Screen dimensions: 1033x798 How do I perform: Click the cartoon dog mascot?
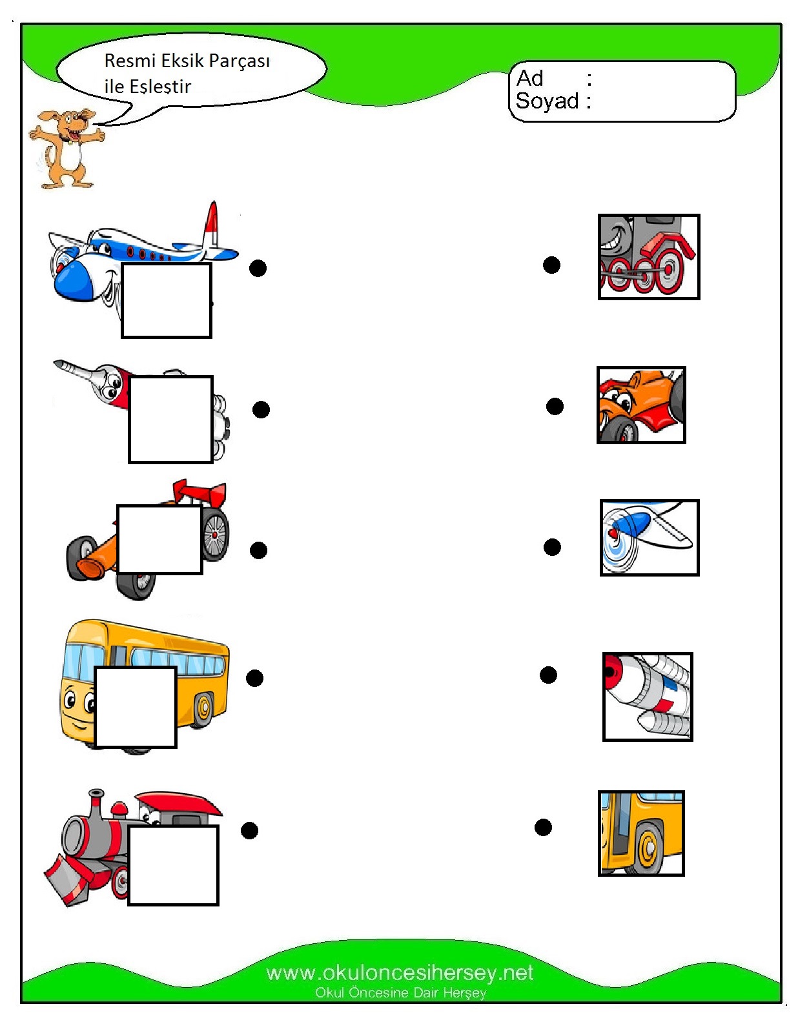(x=66, y=147)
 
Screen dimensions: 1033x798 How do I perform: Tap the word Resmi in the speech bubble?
(x=130, y=61)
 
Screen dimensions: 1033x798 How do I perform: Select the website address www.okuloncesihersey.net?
(x=399, y=972)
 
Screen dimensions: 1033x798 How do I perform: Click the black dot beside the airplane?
(x=258, y=268)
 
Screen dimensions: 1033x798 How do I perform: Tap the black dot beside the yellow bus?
(x=254, y=678)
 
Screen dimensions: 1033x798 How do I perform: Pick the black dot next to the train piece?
(x=551, y=265)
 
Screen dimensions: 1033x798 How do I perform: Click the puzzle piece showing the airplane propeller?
(x=649, y=537)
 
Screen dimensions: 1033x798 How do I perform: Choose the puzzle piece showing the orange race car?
(x=640, y=405)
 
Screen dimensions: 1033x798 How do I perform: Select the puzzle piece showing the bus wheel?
(x=640, y=833)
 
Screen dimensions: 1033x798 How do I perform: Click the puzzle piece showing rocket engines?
(x=647, y=696)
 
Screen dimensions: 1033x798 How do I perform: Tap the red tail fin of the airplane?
(x=211, y=223)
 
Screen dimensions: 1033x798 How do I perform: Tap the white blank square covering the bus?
(x=136, y=707)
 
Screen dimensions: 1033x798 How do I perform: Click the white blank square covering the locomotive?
(x=173, y=865)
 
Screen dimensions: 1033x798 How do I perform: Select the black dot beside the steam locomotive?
(x=249, y=830)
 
